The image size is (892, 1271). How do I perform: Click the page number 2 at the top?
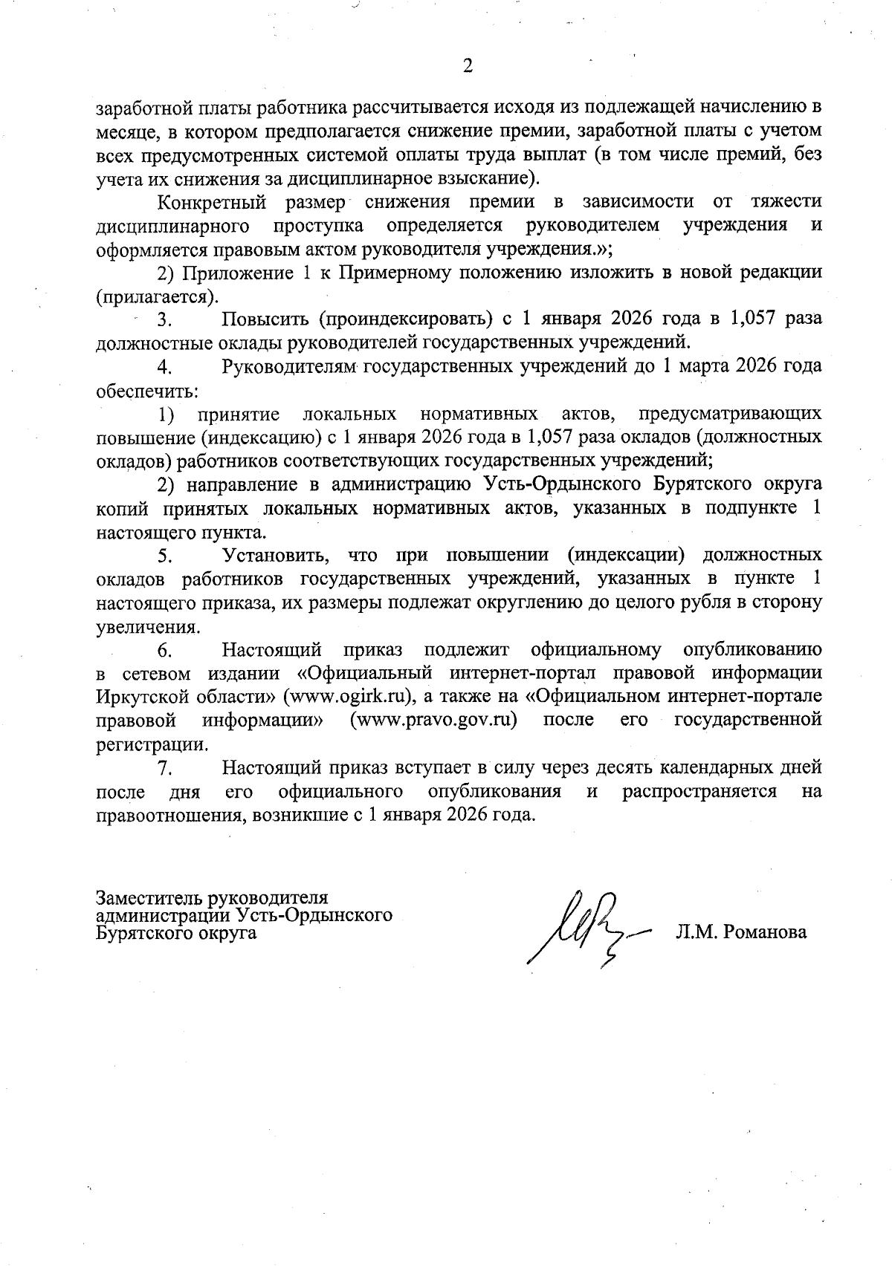[468, 67]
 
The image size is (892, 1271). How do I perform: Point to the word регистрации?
[152, 744]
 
